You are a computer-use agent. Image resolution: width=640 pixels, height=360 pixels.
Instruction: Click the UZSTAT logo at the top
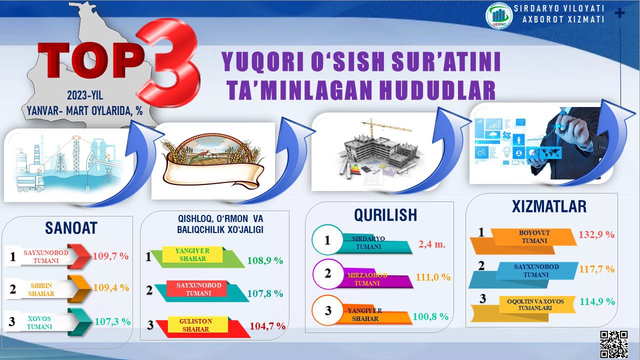[499, 16]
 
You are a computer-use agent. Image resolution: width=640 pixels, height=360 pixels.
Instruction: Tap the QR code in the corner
[613, 344]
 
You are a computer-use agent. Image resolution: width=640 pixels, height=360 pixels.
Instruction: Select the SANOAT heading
[71, 228]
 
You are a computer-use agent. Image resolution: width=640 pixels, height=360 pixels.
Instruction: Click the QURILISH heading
[385, 215]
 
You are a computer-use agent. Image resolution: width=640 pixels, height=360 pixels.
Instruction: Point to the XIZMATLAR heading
[549, 206]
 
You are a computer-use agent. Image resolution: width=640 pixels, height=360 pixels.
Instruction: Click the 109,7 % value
[110, 256]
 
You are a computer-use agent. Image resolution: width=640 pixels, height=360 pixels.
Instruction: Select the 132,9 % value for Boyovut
[596, 234]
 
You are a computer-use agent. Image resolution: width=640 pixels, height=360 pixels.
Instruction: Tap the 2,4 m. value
[432, 244]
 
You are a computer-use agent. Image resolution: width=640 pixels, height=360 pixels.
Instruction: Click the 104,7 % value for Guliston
[267, 326]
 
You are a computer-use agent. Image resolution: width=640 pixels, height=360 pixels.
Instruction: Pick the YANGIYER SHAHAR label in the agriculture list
[192, 254]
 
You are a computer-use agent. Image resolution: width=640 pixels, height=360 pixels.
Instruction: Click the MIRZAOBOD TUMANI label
[367, 279]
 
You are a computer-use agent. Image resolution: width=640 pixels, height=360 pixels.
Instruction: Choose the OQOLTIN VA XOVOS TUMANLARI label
[535, 304]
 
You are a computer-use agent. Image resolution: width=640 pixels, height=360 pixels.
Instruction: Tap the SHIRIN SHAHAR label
[41, 289]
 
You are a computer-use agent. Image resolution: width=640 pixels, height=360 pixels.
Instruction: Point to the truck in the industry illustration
[30, 183]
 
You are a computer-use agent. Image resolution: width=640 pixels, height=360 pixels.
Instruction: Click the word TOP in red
[91, 60]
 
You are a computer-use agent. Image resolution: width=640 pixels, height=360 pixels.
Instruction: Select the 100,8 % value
[430, 316]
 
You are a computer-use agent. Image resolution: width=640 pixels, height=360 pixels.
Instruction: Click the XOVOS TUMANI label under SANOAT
[39, 322]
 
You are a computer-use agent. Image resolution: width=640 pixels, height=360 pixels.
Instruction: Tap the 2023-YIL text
[85, 95]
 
